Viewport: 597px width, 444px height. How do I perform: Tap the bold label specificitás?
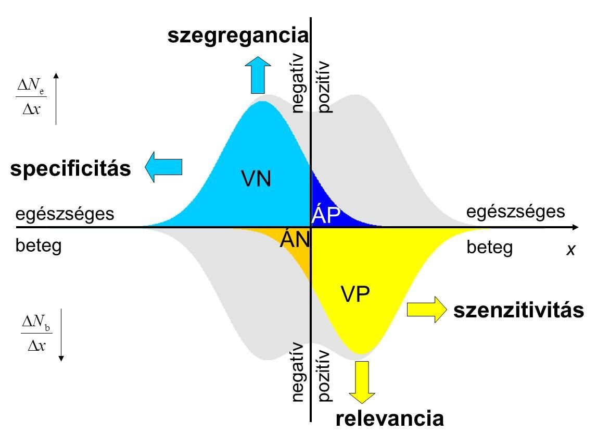click(71, 168)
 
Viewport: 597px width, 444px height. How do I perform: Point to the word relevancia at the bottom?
click(390, 418)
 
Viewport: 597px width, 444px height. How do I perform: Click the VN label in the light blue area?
click(256, 179)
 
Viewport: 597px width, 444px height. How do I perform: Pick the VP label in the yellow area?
click(355, 295)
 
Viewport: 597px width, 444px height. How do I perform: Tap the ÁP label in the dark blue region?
click(326, 215)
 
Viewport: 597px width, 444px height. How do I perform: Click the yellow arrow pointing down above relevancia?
click(362, 381)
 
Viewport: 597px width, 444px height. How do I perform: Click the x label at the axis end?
click(571, 250)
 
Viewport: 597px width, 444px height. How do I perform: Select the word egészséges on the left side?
click(65, 214)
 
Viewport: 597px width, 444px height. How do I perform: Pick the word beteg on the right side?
click(490, 247)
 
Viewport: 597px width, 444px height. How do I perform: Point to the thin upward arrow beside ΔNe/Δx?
click(56, 99)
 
